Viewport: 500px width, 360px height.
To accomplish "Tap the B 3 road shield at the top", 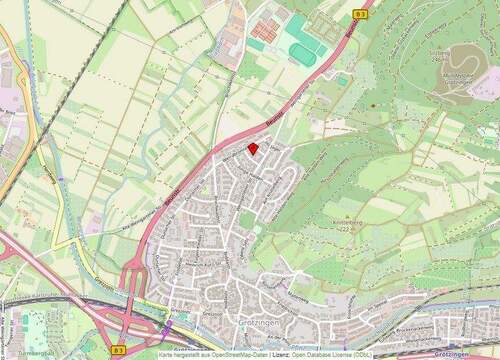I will point(361,14).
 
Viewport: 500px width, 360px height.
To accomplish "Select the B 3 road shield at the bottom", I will point(119,350).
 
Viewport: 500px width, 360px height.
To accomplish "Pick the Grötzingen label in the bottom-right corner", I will point(455,354).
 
